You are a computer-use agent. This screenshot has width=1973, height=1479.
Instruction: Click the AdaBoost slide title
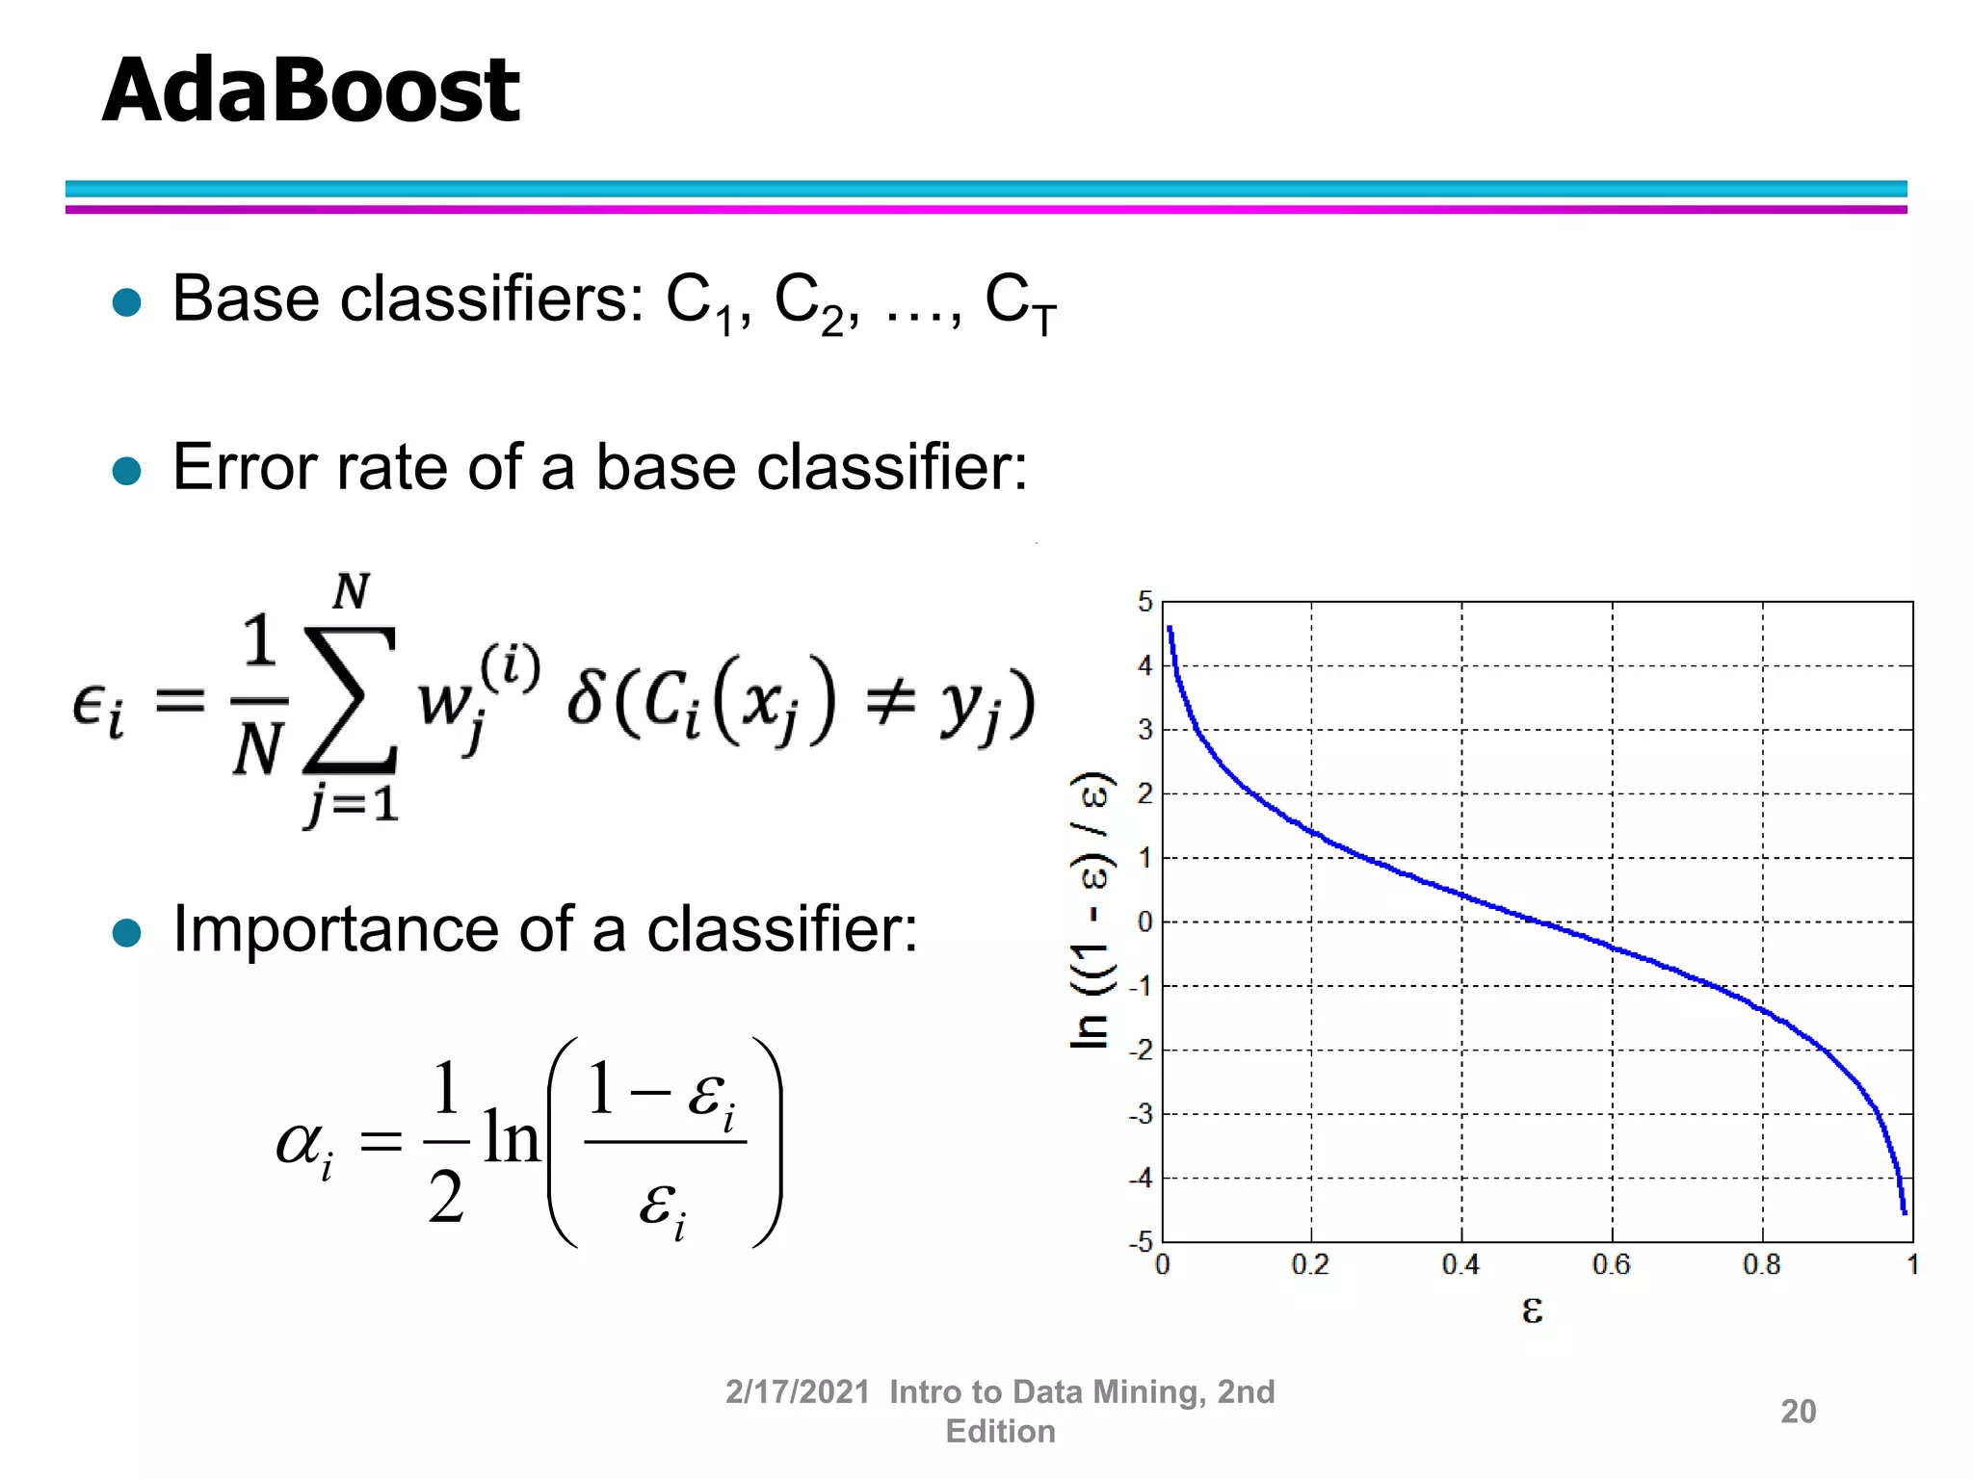310,91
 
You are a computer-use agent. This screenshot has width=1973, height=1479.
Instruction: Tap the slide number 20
1798,1411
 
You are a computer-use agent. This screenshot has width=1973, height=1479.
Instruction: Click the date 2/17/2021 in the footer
797,1391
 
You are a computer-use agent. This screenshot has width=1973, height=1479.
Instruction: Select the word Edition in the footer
1000,1432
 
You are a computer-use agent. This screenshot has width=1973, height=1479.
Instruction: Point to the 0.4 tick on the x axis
1460,1264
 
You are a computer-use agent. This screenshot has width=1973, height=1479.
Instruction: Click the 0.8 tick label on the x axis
1762,1264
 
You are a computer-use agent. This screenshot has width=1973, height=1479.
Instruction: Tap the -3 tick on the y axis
1142,1114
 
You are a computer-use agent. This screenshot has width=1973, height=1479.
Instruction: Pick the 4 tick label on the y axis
1144,665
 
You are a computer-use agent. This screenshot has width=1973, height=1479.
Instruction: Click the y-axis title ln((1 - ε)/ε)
1092,909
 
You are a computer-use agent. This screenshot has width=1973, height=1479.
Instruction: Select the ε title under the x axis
1532,1309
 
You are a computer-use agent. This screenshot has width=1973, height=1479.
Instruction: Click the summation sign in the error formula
350,700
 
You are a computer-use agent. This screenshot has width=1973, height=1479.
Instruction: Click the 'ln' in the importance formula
512,1138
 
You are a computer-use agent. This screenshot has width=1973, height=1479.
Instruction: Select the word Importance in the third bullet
331,930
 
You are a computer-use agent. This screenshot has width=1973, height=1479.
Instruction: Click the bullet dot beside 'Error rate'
127,471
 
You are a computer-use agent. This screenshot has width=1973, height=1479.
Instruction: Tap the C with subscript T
1019,303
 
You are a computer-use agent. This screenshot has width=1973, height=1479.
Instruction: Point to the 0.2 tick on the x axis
1310,1264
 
